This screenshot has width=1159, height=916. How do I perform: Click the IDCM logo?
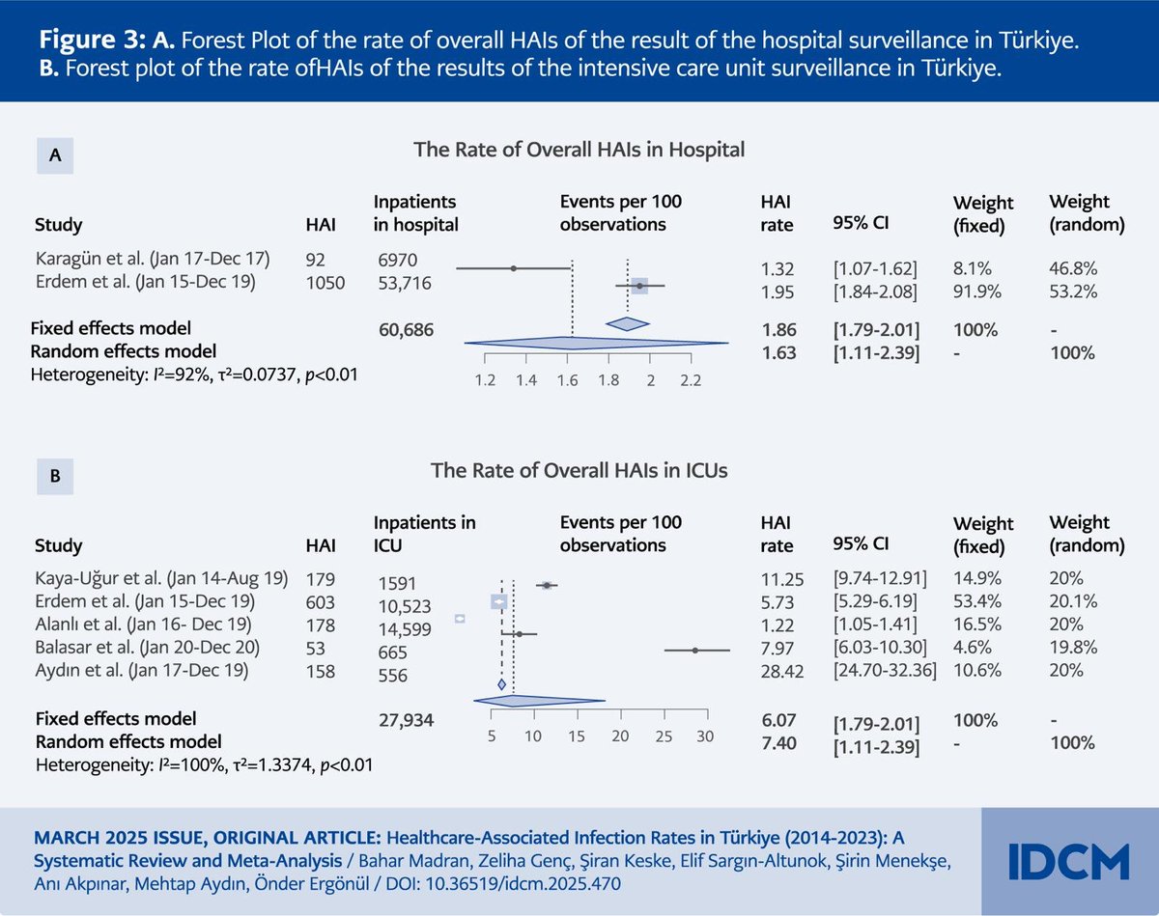[x=1068, y=860]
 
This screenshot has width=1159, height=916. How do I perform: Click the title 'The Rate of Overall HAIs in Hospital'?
[x=579, y=150]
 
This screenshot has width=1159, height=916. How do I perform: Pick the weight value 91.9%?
[x=975, y=291]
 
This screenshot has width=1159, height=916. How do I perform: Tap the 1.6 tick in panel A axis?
[x=567, y=380]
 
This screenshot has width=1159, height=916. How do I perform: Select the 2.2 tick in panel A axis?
[x=691, y=380]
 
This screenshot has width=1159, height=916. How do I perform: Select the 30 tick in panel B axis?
[x=704, y=736]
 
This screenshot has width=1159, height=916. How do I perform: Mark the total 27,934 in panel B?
[x=407, y=719]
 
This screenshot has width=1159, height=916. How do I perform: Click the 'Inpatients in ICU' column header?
[x=425, y=534]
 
